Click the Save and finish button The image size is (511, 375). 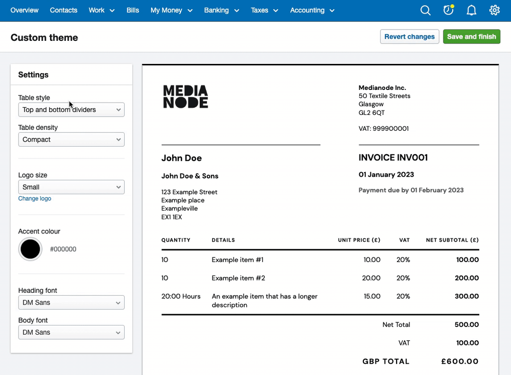[x=471, y=37]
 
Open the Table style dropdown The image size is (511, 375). [x=71, y=110]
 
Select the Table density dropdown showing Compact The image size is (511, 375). [x=71, y=139]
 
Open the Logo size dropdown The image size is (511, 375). [x=71, y=187]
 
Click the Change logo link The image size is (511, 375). [x=35, y=199]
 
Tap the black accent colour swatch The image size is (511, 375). [x=30, y=249]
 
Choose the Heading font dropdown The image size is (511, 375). [x=71, y=302]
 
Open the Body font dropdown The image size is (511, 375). [x=71, y=332]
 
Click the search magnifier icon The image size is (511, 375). [x=425, y=10]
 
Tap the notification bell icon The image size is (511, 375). [x=471, y=10]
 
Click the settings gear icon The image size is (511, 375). [x=494, y=10]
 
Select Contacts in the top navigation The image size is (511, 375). [x=63, y=10]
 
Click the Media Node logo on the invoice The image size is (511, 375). [x=185, y=97]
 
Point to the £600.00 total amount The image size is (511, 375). [x=460, y=362]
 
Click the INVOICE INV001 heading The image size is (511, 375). [x=393, y=158]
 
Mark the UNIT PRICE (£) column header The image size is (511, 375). [x=359, y=240]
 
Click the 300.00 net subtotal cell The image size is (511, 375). [x=467, y=296]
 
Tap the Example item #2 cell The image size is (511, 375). [x=238, y=278]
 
